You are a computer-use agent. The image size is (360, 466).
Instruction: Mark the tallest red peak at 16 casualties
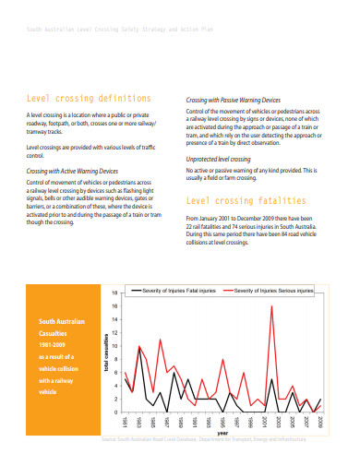coord(271,306)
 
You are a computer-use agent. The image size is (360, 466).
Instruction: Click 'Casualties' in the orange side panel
coord(53,334)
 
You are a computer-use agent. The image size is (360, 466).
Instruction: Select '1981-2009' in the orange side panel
coord(51,346)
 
